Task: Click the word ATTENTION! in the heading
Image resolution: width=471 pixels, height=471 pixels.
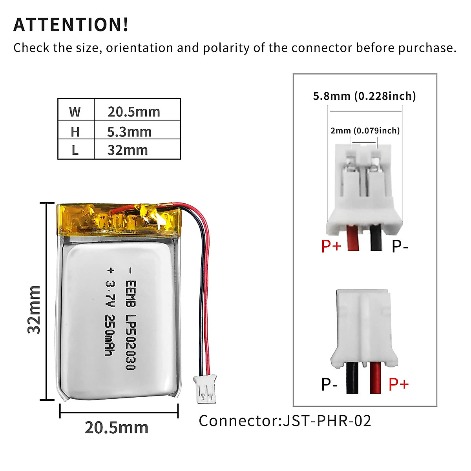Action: click(x=71, y=24)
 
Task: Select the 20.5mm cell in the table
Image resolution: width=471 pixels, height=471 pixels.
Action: click(x=134, y=112)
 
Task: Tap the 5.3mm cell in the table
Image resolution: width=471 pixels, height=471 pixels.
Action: click(x=130, y=132)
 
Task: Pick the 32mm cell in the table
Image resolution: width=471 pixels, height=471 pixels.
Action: click(x=128, y=150)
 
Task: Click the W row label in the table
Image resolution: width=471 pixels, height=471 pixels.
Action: click(x=75, y=112)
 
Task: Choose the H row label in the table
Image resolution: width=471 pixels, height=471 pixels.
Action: click(x=75, y=132)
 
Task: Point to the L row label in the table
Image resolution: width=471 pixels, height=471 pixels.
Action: click(x=75, y=150)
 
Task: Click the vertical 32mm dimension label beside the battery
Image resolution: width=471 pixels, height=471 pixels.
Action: click(x=34, y=310)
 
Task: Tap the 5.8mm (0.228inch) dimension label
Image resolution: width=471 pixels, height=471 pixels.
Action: click(x=364, y=96)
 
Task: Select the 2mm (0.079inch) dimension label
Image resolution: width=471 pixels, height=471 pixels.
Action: click(x=365, y=130)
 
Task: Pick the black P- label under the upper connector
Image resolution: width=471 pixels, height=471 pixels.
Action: click(x=400, y=246)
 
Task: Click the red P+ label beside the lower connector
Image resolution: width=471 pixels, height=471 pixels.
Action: click(x=398, y=384)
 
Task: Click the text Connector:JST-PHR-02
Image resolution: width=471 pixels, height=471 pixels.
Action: click(x=285, y=421)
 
